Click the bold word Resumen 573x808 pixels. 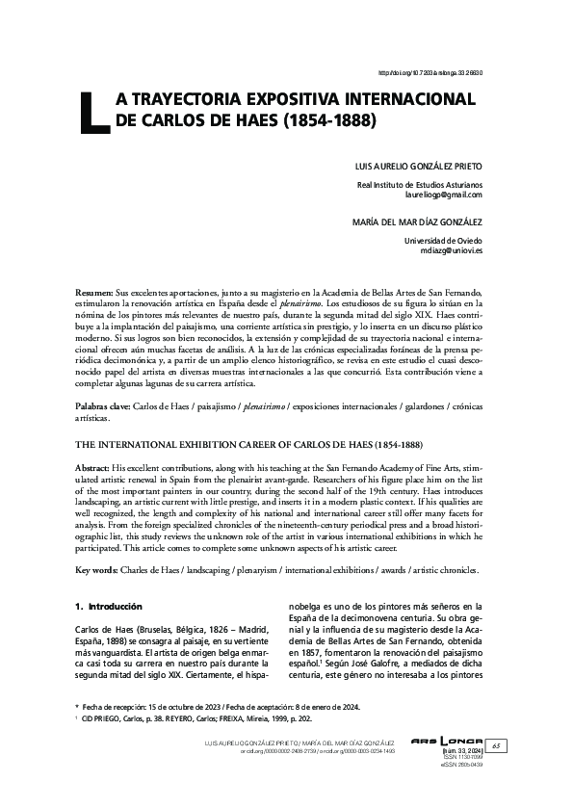point(93,291)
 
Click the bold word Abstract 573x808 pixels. point(93,466)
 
